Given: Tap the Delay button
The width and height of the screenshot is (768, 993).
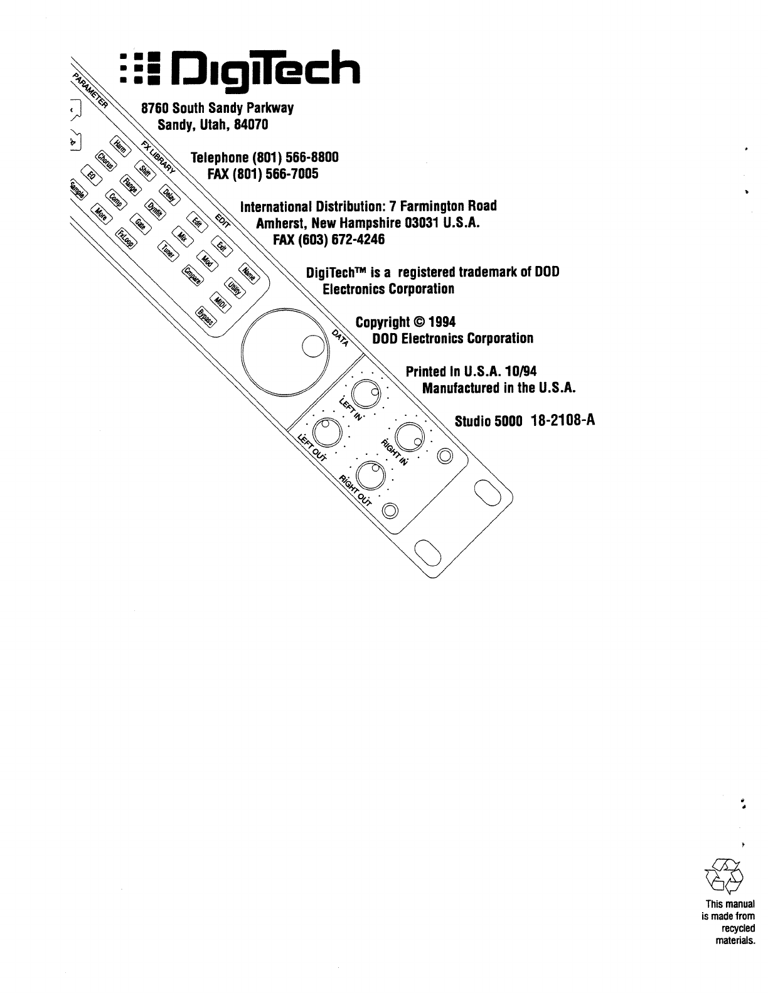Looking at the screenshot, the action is pyautogui.click(x=168, y=194).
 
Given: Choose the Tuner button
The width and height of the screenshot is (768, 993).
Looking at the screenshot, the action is pyautogui.click(x=168, y=251).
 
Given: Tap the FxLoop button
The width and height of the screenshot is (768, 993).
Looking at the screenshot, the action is pyautogui.click(x=124, y=239).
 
